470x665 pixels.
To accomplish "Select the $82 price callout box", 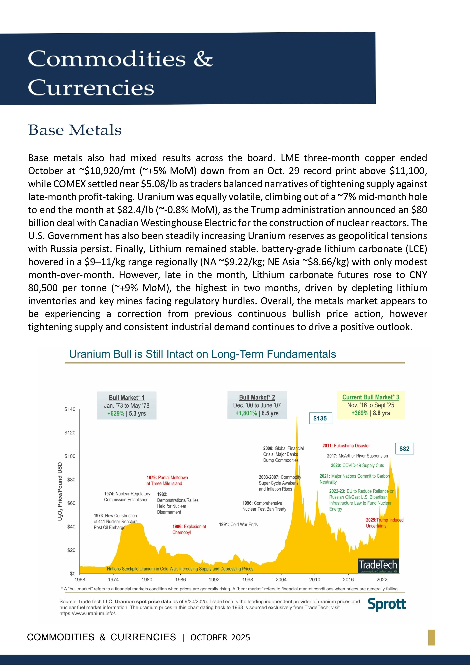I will coord(404,449).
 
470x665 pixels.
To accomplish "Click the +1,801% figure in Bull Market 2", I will coord(246,413).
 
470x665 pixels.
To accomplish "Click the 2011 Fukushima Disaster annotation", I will coord(346,446).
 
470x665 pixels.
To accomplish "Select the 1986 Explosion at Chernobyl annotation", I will coord(189,529).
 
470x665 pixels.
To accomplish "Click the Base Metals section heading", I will coord(75,130).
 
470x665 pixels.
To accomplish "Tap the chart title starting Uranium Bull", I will coord(202,354).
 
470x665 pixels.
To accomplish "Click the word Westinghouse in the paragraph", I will coord(171,223).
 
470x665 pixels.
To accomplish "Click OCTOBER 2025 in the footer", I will coord(220,638).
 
